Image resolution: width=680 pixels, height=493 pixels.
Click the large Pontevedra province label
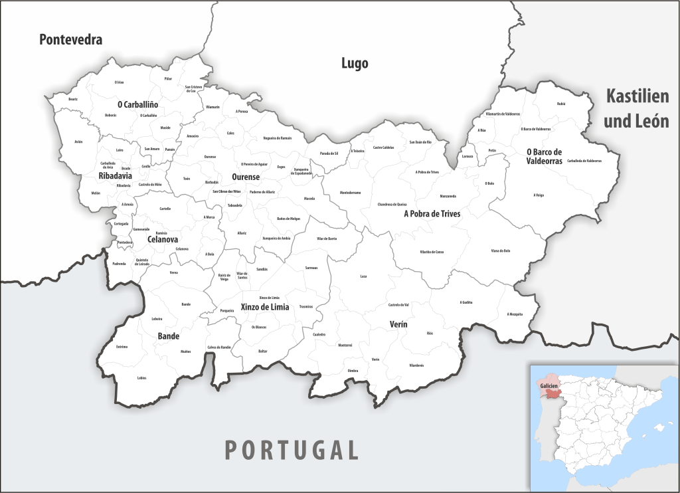[x=70, y=40]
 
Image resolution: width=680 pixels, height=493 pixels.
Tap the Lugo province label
[x=355, y=63]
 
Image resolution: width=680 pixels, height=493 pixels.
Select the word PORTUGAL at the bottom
[x=292, y=450]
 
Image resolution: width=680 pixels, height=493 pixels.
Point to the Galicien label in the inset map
[x=549, y=385]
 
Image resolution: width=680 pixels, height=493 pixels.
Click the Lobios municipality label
[x=141, y=378]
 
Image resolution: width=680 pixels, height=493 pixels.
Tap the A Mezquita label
[x=515, y=314]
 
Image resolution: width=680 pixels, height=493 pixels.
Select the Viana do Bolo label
[x=500, y=250]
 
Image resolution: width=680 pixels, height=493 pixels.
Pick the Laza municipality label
[x=363, y=276]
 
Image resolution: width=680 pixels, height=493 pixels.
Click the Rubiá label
[x=561, y=104]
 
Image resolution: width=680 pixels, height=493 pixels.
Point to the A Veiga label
[x=538, y=195]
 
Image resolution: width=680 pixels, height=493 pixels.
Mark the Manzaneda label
[x=448, y=197]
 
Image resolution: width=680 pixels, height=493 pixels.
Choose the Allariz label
[x=242, y=233]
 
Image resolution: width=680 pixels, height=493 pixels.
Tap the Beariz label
[x=73, y=99]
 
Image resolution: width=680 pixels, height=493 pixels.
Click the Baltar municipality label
[x=263, y=350]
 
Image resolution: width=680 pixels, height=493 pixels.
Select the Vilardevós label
[x=416, y=365]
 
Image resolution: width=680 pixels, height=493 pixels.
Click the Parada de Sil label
[x=329, y=153]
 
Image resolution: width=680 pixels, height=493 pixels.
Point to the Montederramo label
[x=350, y=193]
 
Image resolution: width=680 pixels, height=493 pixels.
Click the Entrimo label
[x=122, y=347]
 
